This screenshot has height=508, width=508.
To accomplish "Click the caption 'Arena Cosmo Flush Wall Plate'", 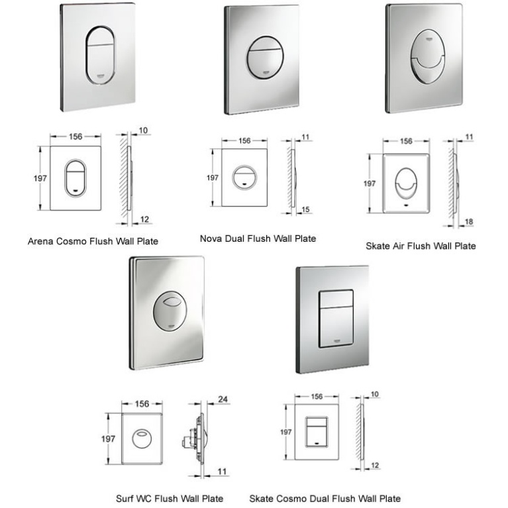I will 93,241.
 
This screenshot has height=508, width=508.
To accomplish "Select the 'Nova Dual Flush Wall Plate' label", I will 258,238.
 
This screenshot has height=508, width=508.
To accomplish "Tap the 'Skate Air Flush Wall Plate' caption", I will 420,246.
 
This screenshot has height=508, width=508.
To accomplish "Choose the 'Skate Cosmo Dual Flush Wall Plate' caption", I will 325,498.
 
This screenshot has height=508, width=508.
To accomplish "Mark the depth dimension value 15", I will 305,209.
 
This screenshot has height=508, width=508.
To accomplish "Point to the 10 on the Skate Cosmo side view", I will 376,394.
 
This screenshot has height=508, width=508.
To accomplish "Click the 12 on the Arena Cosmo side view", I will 144,219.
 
